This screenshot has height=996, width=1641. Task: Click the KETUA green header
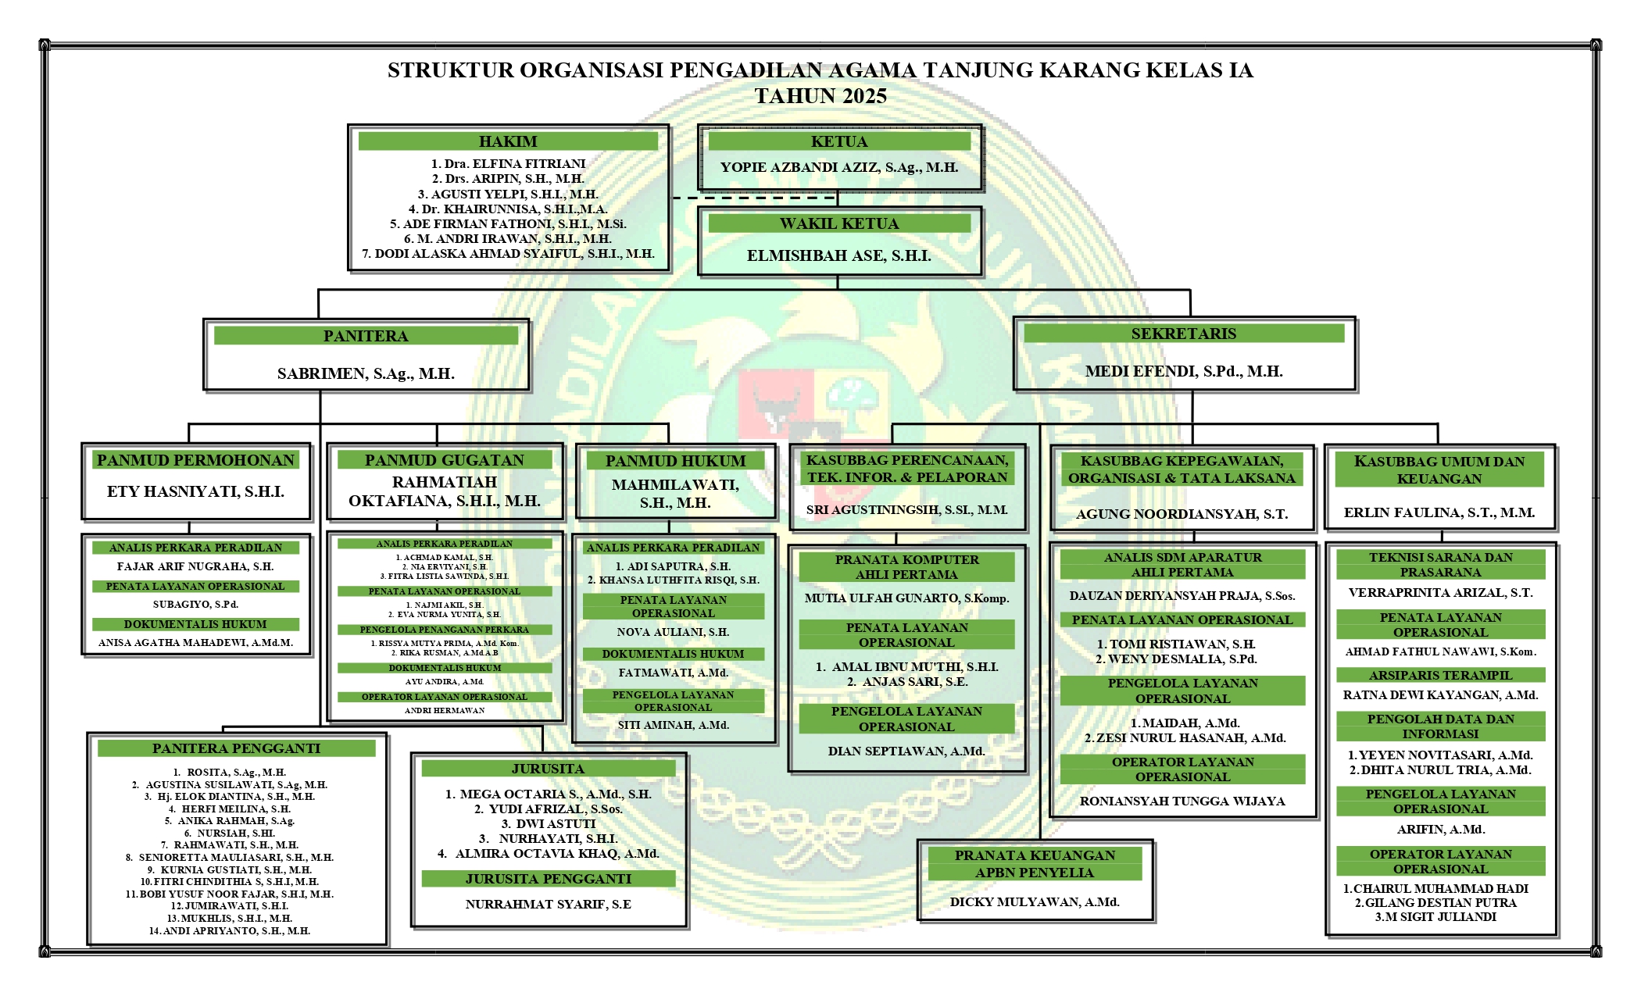pyautogui.click(x=839, y=141)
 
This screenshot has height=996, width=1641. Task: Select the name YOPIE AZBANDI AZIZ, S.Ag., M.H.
pyautogui.click(x=839, y=167)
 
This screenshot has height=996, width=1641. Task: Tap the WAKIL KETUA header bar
pyautogui.click(x=839, y=223)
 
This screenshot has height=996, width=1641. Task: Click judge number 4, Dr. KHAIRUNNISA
pyautogui.click(x=508, y=209)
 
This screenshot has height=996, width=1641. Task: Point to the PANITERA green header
pyautogui.click(x=366, y=336)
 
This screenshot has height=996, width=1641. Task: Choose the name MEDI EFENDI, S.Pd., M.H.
pyautogui.click(x=1184, y=371)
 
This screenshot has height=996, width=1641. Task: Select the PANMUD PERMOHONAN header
pyautogui.click(x=195, y=460)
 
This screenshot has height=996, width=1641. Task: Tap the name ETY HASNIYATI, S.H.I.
pyautogui.click(x=195, y=491)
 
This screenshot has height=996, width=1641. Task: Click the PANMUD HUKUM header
pyautogui.click(x=675, y=461)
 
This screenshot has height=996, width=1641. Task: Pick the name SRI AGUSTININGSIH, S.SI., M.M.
pyautogui.click(x=906, y=510)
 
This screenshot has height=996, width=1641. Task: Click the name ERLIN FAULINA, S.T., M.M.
pyautogui.click(x=1439, y=512)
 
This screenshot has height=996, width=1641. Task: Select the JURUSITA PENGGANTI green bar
pyautogui.click(x=549, y=879)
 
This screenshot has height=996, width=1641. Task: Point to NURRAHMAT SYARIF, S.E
pyautogui.click(x=549, y=904)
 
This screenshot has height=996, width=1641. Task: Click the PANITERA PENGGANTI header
pyautogui.click(x=236, y=748)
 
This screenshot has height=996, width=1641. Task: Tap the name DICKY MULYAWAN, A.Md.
pyautogui.click(x=1035, y=901)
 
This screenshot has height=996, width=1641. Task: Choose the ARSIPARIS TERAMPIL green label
pyautogui.click(x=1440, y=675)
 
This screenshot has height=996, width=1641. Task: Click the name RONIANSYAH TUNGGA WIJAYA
pyautogui.click(x=1182, y=801)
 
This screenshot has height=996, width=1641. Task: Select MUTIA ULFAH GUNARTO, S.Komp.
pyautogui.click(x=906, y=598)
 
